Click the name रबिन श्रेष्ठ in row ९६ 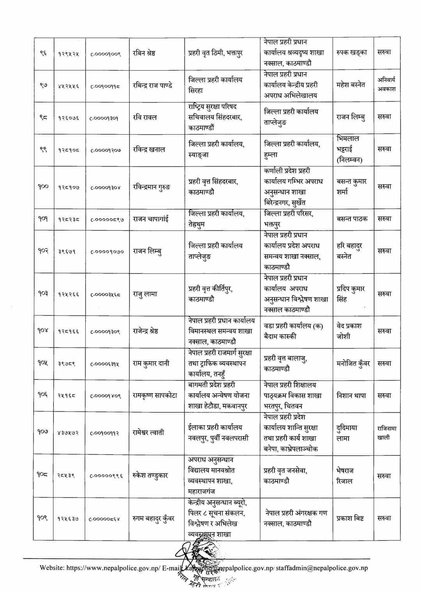pos(144,53)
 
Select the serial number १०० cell pos(43,186)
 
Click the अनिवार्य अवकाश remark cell pos(386,84)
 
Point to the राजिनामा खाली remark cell pos(386,433)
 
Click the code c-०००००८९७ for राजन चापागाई pos(107,220)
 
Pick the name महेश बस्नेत pos(351,85)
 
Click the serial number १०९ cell pos(43,518)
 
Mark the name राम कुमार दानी pos(151,363)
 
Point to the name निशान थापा pos(351,396)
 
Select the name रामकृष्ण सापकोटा pos(155,396)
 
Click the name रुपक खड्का pos(352,53)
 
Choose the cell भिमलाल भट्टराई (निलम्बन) pos(348,149)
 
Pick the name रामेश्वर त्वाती pos(149,432)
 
